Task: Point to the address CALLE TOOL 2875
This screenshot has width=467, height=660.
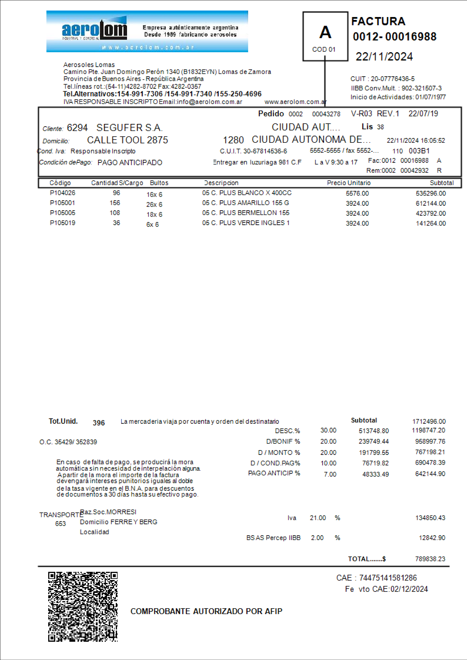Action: click(127, 140)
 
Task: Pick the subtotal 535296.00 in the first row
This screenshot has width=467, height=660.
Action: click(430, 193)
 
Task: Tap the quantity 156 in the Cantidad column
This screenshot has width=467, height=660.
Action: click(115, 203)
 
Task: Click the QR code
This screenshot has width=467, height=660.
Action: click(83, 607)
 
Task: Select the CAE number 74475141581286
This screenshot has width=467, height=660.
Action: click(388, 578)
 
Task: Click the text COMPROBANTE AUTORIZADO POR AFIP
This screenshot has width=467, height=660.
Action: click(206, 611)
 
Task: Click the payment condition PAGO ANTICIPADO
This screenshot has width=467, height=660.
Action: click(130, 163)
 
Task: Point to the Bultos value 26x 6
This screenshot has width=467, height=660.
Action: click(154, 205)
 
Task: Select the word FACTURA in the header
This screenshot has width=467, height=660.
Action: click(378, 21)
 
